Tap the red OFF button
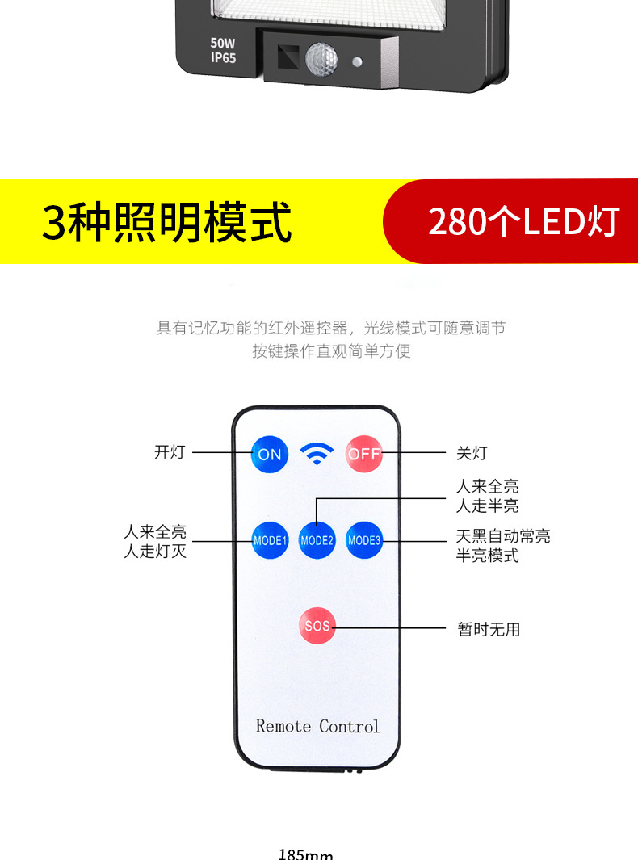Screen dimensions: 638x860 click(x=363, y=454)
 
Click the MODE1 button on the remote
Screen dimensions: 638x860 click(x=270, y=540)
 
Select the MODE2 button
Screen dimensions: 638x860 click(x=317, y=540)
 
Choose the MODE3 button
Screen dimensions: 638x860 click(x=363, y=540)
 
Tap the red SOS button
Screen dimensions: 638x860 click(x=317, y=626)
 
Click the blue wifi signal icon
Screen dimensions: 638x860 click(x=317, y=455)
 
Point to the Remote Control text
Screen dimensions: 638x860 click(x=317, y=726)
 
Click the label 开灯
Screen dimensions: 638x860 click(x=170, y=452)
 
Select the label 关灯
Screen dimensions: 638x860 click(x=472, y=454)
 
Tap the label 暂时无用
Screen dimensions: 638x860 click(x=489, y=629)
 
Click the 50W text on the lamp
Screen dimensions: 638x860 click(x=224, y=43)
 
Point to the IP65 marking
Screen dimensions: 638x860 click(x=224, y=58)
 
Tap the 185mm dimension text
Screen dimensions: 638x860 click(x=306, y=854)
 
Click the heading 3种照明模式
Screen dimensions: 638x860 click(x=167, y=222)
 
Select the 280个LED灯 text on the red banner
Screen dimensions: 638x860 click(x=523, y=222)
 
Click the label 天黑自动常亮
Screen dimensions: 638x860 click(x=503, y=536)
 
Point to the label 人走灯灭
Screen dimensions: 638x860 click(x=155, y=552)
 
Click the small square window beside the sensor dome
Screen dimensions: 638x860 click(x=288, y=57)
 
